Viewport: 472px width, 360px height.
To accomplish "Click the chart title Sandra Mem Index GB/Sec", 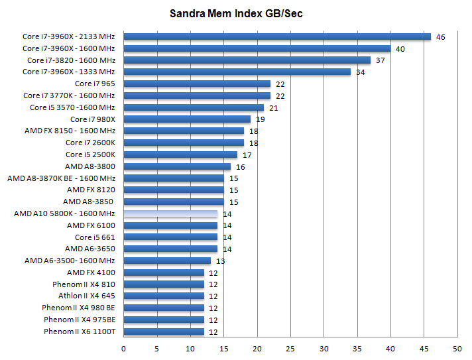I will (235, 13).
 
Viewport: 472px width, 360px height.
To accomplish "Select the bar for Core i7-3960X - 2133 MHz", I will (277, 36).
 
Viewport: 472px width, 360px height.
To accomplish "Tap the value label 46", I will (440, 37).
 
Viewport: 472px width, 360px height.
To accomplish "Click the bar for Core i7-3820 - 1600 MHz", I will (247, 60).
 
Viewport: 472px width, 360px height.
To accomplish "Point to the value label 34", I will (360, 72).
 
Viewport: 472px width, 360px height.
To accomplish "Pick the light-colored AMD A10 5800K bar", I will (170, 214).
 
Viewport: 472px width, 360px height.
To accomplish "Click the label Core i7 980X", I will (92, 119).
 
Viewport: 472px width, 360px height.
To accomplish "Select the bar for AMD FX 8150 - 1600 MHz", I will (184, 131).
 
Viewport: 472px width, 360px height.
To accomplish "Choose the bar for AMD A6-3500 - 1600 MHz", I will (167, 261).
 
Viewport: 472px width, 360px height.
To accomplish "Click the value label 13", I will (220, 261).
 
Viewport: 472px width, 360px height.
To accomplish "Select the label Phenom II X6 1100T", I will (79, 331).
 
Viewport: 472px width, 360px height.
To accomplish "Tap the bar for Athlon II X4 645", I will (164, 296).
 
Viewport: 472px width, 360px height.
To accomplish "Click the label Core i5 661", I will (95, 237).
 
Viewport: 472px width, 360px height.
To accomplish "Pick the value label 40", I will (400, 49).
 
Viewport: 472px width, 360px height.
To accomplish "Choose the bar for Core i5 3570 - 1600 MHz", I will (194, 107).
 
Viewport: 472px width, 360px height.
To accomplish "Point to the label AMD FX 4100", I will (91, 272).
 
